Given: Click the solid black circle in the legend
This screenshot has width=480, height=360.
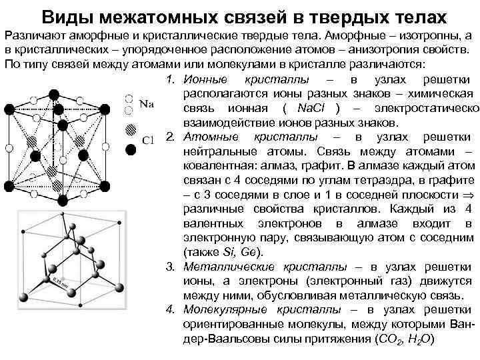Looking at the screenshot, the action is (x=131, y=151).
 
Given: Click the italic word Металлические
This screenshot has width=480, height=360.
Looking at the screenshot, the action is (x=226, y=267).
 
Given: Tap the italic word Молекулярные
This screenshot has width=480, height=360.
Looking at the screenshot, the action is (x=223, y=310).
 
